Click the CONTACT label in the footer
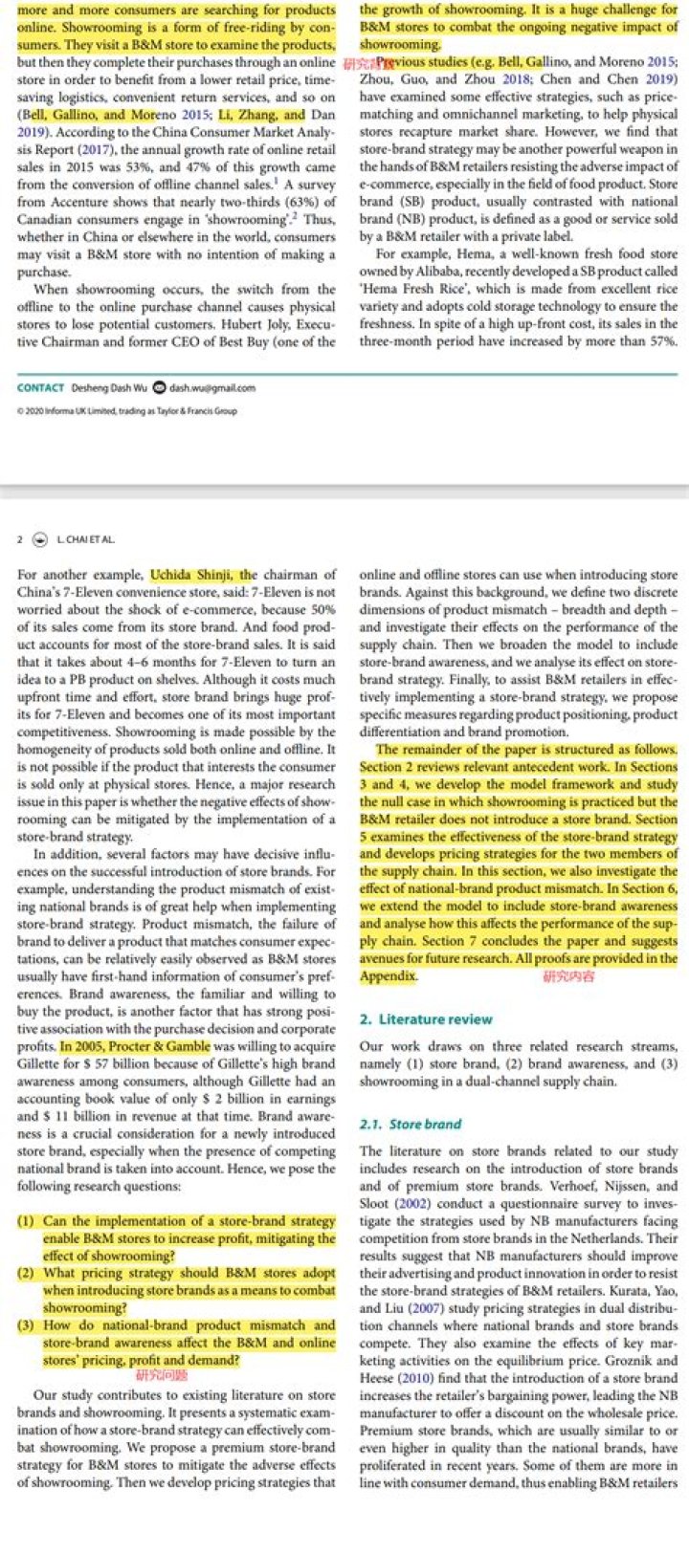tap(40, 387)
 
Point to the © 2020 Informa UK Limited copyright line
tap(127, 411)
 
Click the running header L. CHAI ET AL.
tap(85, 539)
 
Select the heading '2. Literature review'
tap(426, 1019)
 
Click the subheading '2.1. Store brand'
tap(411, 1124)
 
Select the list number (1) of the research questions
tap(28, 1221)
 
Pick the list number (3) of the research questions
tap(28, 1325)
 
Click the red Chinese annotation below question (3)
tap(162, 1375)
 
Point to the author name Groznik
tap(652, 1361)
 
